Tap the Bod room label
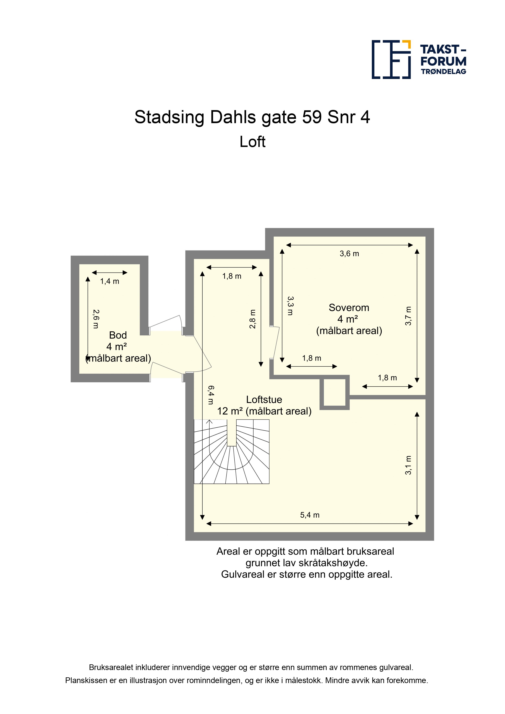pos(118,335)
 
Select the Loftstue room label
pos(264,400)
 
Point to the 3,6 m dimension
pos(349,254)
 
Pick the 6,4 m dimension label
pos(211,395)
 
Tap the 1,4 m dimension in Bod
pos(110,281)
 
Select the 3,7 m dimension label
pos(408,316)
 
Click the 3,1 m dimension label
pos(408,465)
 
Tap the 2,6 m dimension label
pos(96,319)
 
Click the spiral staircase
pos(232,451)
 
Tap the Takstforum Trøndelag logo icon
pos(391,59)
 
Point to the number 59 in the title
pos(312,117)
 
